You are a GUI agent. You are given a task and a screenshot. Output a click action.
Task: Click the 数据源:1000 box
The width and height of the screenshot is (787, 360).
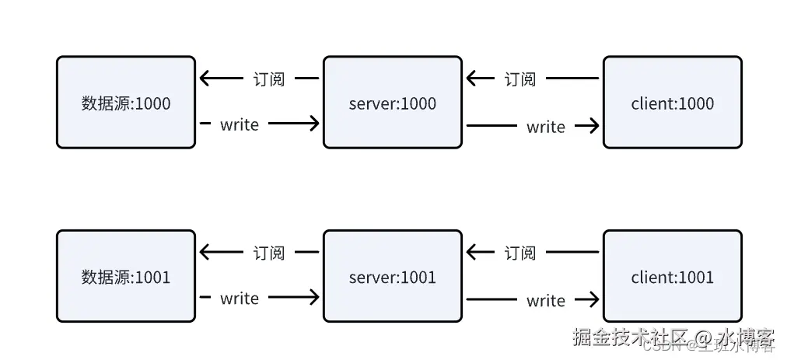point(125,102)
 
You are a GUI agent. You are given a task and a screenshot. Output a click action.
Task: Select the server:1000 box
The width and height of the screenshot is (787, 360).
point(392,102)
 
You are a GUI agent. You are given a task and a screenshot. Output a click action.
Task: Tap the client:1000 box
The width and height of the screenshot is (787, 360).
point(672,102)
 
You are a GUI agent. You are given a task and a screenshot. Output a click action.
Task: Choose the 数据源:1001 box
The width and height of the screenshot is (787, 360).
point(125,276)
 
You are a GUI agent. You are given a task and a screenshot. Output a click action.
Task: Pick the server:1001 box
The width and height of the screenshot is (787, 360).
point(392,276)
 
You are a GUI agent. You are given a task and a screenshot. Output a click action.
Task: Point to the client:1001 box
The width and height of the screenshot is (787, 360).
point(672,276)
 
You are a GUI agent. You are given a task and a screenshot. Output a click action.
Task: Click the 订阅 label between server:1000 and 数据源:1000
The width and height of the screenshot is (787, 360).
point(269,79)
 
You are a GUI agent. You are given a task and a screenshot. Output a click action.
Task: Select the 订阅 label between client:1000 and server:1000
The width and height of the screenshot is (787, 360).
point(520,79)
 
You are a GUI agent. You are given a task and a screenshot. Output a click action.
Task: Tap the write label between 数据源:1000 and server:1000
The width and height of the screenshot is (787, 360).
point(239,124)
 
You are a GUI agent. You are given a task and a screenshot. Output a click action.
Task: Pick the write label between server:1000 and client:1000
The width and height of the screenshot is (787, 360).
point(545,126)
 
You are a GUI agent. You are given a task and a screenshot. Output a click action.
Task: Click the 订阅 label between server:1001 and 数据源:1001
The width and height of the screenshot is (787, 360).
point(269,253)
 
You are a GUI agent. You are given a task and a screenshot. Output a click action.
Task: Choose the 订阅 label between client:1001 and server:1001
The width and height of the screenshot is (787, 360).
point(520,253)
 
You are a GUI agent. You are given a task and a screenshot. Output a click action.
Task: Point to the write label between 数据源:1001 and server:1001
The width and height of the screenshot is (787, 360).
point(239,298)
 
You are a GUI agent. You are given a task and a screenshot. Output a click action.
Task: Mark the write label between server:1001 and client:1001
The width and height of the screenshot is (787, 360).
point(545,300)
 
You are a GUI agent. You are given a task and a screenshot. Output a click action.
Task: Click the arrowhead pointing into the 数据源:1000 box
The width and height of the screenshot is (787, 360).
point(205,79)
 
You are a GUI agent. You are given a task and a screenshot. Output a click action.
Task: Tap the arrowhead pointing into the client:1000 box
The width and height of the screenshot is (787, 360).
point(593,125)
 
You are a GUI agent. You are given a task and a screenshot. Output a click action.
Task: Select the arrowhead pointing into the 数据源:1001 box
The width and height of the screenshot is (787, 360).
point(205,253)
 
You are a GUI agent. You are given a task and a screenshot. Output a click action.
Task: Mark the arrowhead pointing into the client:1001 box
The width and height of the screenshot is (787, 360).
point(593,299)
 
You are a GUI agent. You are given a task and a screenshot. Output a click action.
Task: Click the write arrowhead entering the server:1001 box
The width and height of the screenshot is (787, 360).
point(313,297)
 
